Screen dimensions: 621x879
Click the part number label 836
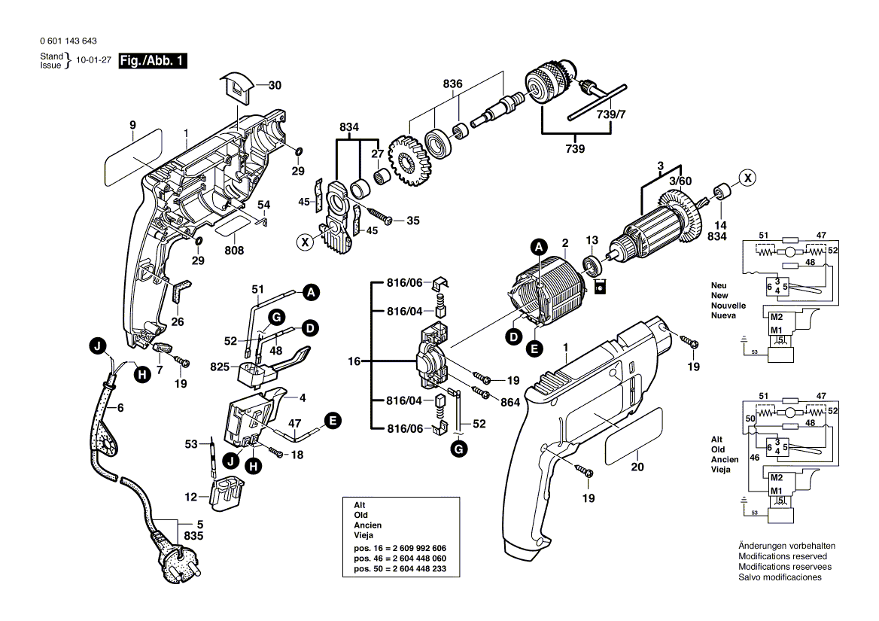click(x=452, y=84)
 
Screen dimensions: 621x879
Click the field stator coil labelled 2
click(x=549, y=294)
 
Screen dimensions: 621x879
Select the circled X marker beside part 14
click(x=746, y=178)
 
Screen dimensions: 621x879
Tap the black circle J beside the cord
click(x=96, y=347)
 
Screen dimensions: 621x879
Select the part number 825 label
click(x=218, y=367)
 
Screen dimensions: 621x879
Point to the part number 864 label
click(x=510, y=403)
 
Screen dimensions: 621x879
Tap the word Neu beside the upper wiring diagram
click(x=719, y=285)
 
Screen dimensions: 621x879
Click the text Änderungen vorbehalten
click(x=786, y=546)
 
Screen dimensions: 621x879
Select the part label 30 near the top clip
click(x=275, y=85)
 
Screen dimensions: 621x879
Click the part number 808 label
click(x=235, y=249)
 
